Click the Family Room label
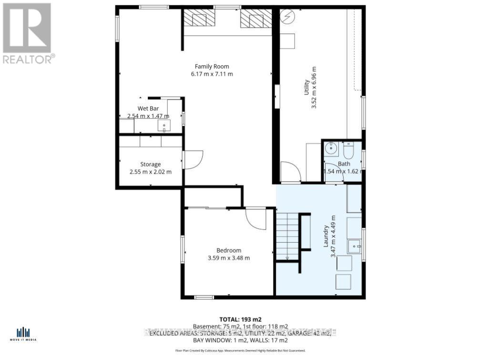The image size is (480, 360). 212,66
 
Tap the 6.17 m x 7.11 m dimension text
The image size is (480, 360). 212,74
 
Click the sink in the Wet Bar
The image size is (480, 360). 165,127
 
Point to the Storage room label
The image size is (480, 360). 150,165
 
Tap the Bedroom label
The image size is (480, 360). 229,250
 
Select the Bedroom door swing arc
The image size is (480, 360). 256,219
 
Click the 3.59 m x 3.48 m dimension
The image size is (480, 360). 229,258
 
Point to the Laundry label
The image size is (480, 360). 327,236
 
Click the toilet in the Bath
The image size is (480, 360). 348,151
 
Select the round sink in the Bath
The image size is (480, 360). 331,149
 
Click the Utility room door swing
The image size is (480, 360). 290,172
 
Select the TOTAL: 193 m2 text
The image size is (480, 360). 240,319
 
